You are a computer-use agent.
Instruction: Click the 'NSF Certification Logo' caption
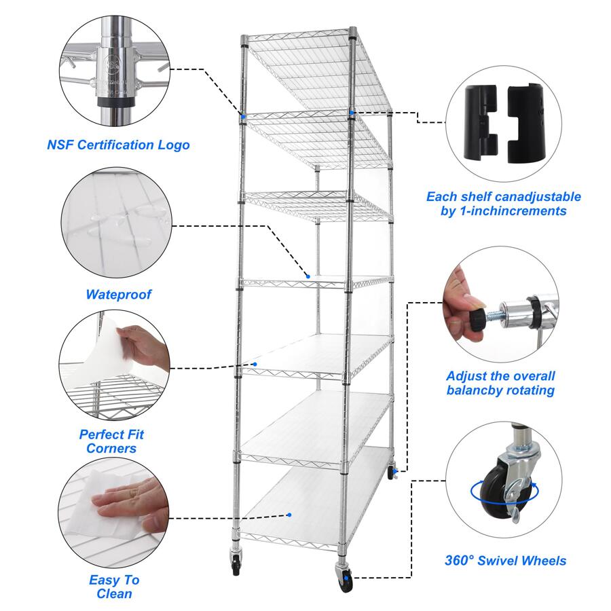coord(118,145)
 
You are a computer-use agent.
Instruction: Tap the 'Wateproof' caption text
coord(118,295)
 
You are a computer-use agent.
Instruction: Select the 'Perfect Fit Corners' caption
coord(111,441)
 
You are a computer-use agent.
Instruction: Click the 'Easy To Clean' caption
coord(114,587)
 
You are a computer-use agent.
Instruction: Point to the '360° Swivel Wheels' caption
coord(505,561)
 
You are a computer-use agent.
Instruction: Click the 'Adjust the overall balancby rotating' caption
coord(500,383)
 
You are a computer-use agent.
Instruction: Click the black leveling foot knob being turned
coord(475,318)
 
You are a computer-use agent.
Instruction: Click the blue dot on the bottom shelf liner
coord(289,515)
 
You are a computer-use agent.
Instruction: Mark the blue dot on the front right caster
coord(351,578)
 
